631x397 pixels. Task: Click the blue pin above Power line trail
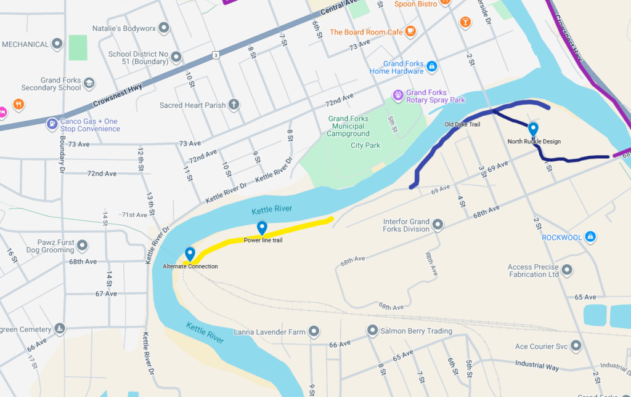point(262,228)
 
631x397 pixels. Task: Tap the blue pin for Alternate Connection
point(190,254)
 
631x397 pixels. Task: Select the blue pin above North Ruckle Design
point(533,129)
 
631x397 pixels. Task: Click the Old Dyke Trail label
point(462,124)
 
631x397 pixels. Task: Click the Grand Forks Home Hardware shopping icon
point(432,66)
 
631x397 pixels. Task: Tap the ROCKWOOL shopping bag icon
point(590,236)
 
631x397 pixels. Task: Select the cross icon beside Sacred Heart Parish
point(234,105)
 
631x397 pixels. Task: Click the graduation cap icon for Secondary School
point(89,83)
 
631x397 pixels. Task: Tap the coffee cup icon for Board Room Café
point(410,31)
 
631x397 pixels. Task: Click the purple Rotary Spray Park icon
point(398,95)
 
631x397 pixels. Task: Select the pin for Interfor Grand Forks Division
point(438,225)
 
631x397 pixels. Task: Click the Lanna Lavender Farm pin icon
point(314,332)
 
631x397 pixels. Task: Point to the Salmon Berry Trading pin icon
point(372,331)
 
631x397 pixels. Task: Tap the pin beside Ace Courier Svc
point(576,346)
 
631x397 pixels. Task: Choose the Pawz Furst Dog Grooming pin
point(82,246)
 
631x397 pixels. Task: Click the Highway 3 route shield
point(216,55)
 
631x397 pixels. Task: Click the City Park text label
point(365,145)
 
